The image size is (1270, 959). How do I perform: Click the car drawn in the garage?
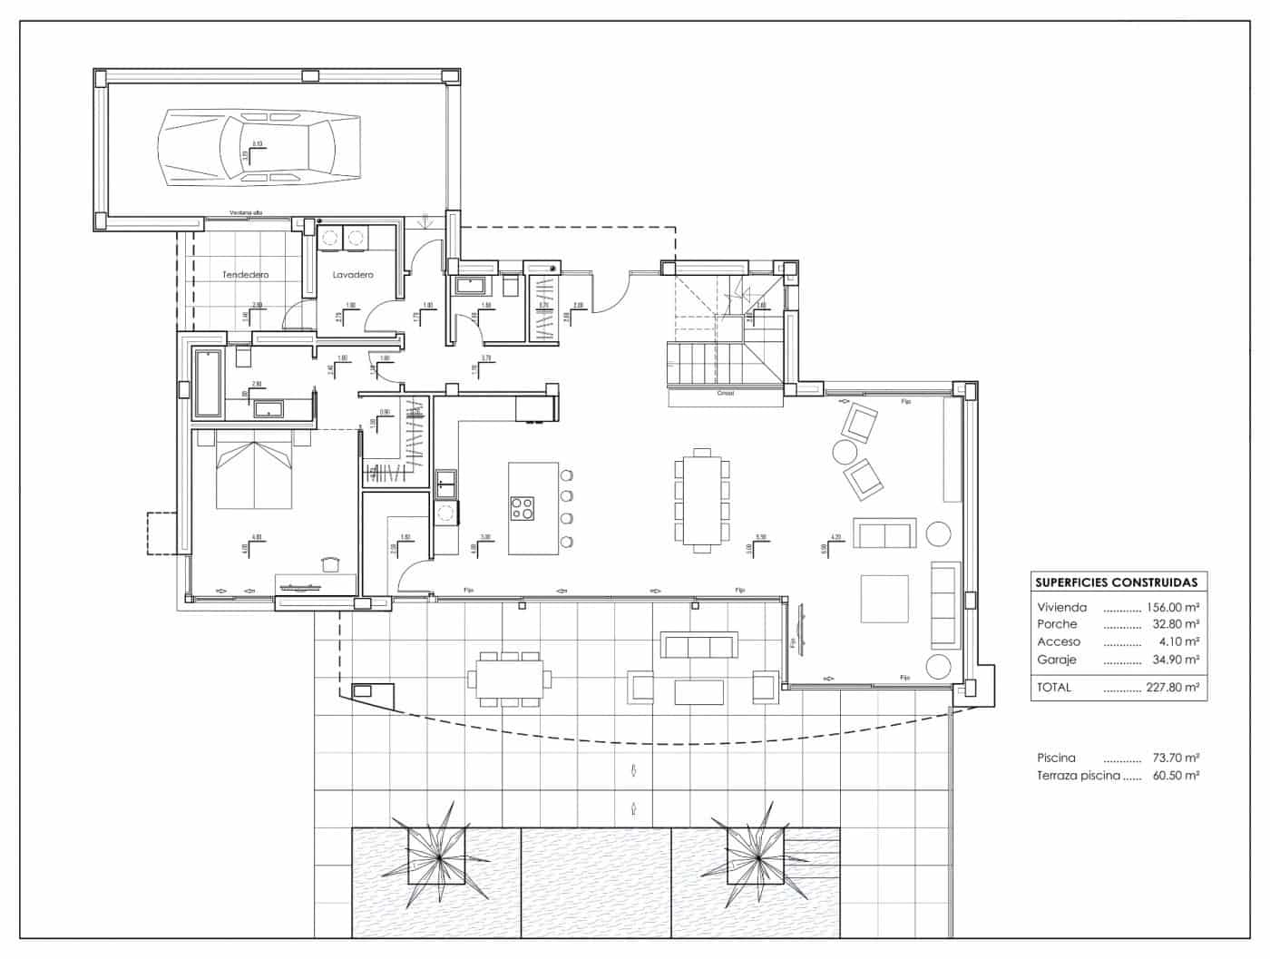coord(259,147)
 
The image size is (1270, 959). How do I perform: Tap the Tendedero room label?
coord(246,274)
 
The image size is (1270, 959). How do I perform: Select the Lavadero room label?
coord(353,274)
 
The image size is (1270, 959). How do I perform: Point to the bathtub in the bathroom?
coord(209,384)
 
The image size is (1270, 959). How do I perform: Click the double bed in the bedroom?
coord(254,472)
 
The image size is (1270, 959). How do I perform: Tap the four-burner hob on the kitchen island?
coord(522,508)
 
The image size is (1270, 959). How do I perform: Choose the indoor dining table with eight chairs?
coord(701,500)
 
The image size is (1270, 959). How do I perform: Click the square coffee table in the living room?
coord(884,599)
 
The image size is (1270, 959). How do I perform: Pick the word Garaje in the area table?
coord(1057,660)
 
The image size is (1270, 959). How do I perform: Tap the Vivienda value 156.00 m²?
coord(1173,607)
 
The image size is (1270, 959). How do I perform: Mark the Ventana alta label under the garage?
coord(246,213)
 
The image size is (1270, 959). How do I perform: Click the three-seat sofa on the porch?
coord(698,645)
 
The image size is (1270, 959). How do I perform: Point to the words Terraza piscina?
coord(1078,776)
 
